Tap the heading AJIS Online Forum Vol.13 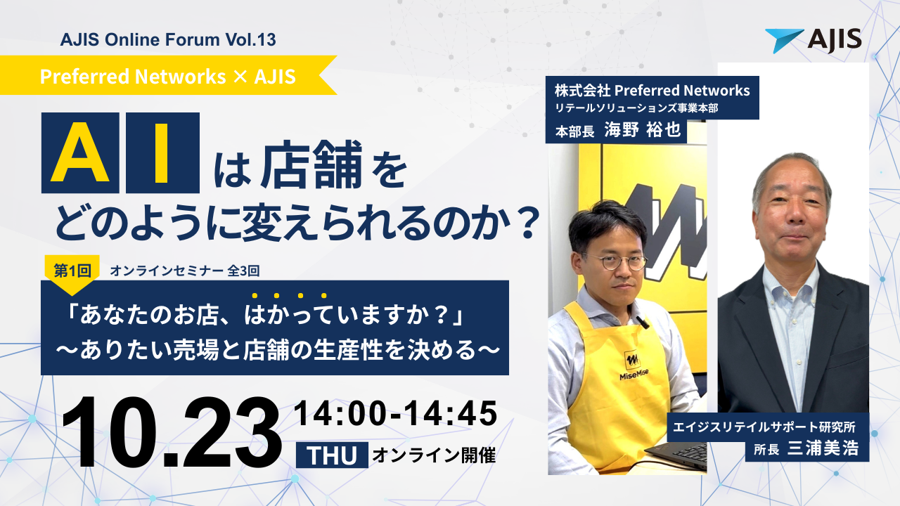(168, 40)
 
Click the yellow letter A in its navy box (79, 153)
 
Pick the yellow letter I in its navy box (162, 153)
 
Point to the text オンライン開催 (433, 455)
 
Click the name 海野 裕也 (643, 131)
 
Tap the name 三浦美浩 (824, 448)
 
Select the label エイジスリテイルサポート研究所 (768, 426)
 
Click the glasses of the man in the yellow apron (614, 262)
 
